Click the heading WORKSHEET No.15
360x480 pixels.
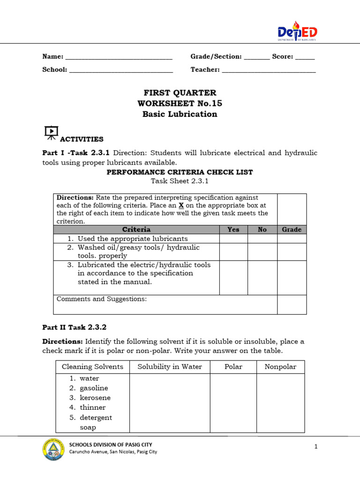180,103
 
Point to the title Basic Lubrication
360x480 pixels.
180,114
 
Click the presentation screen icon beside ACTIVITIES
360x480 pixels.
51,133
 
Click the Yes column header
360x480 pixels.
233,230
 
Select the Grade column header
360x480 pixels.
292,230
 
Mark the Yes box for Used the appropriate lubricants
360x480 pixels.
233,239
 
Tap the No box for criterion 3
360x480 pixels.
262,277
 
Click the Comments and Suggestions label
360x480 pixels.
102,299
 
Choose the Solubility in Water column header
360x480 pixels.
170,367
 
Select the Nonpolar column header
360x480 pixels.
280,367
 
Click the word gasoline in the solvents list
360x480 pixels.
94,388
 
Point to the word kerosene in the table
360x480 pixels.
95,398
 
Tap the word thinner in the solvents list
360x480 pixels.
93,408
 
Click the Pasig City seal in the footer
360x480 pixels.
52,449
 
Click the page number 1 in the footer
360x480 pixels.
316,447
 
